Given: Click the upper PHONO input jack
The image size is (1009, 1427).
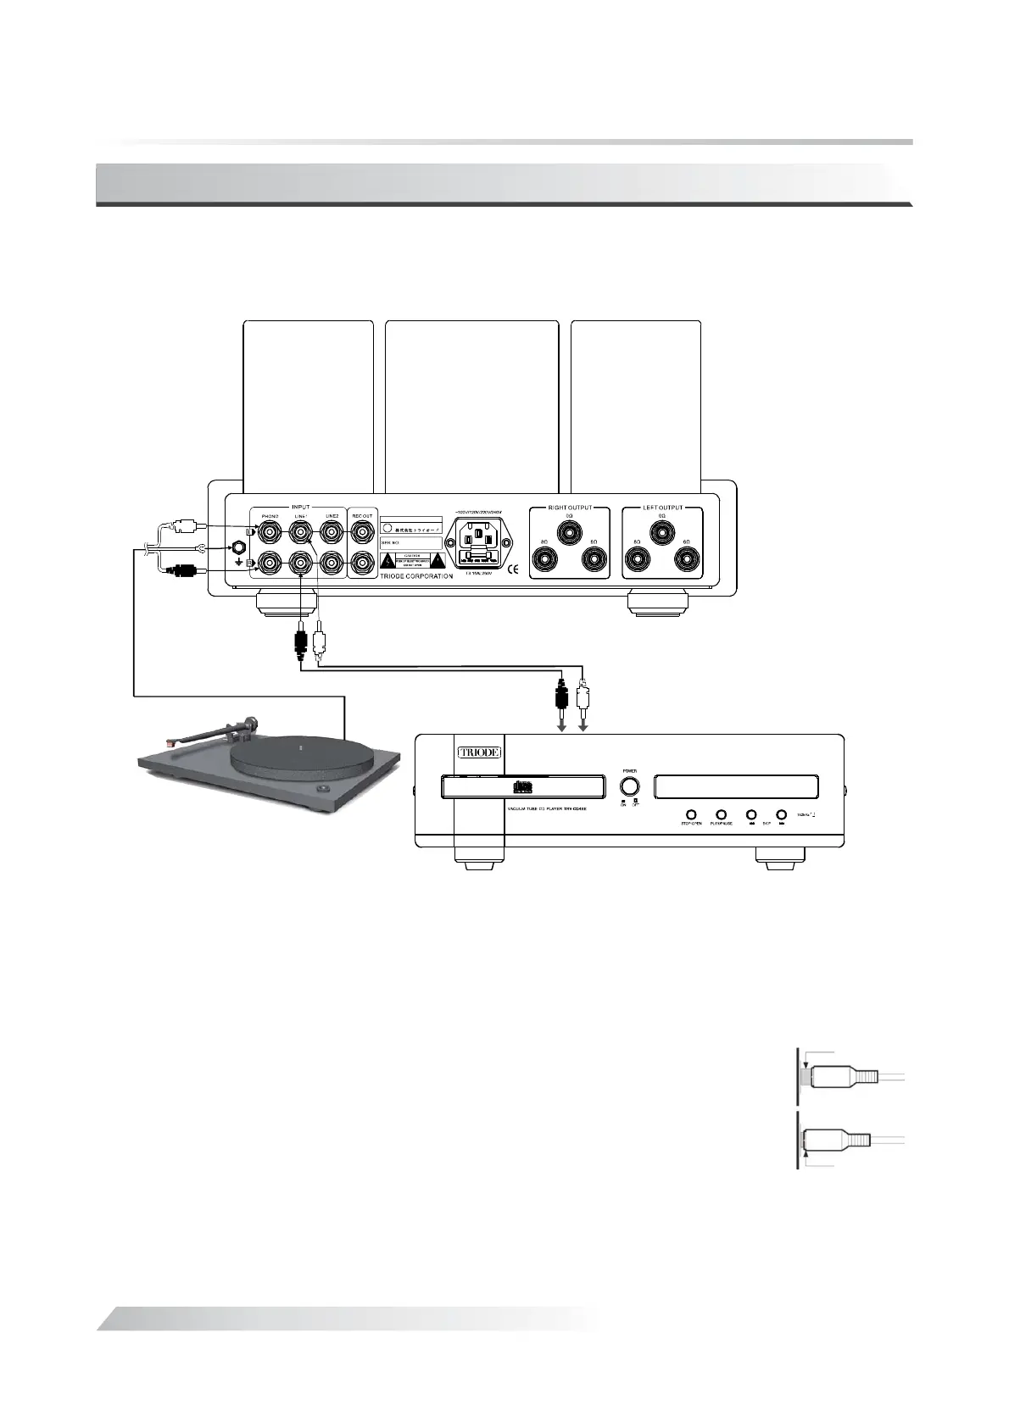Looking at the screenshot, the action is (x=270, y=533).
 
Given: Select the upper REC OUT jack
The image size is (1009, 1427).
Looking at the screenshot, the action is (x=363, y=533).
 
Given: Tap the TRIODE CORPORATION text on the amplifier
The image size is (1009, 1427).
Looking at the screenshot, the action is (x=415, y=576).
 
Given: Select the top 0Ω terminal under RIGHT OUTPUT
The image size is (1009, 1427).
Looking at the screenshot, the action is (x=570, y=531).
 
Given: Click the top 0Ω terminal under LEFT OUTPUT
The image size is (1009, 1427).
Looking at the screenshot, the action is (x=661, y=531).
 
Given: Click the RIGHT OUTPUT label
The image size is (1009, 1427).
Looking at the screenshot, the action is (x=569, y=508).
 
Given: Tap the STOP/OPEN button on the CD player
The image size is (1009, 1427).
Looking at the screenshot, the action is (x=692, y=815).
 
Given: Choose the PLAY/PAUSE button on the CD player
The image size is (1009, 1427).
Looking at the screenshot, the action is (x=722, y=815).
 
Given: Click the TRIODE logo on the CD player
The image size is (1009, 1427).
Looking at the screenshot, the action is (x=479, y=752).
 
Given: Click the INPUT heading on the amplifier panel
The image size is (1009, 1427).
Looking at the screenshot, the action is (x=300, y=507).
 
